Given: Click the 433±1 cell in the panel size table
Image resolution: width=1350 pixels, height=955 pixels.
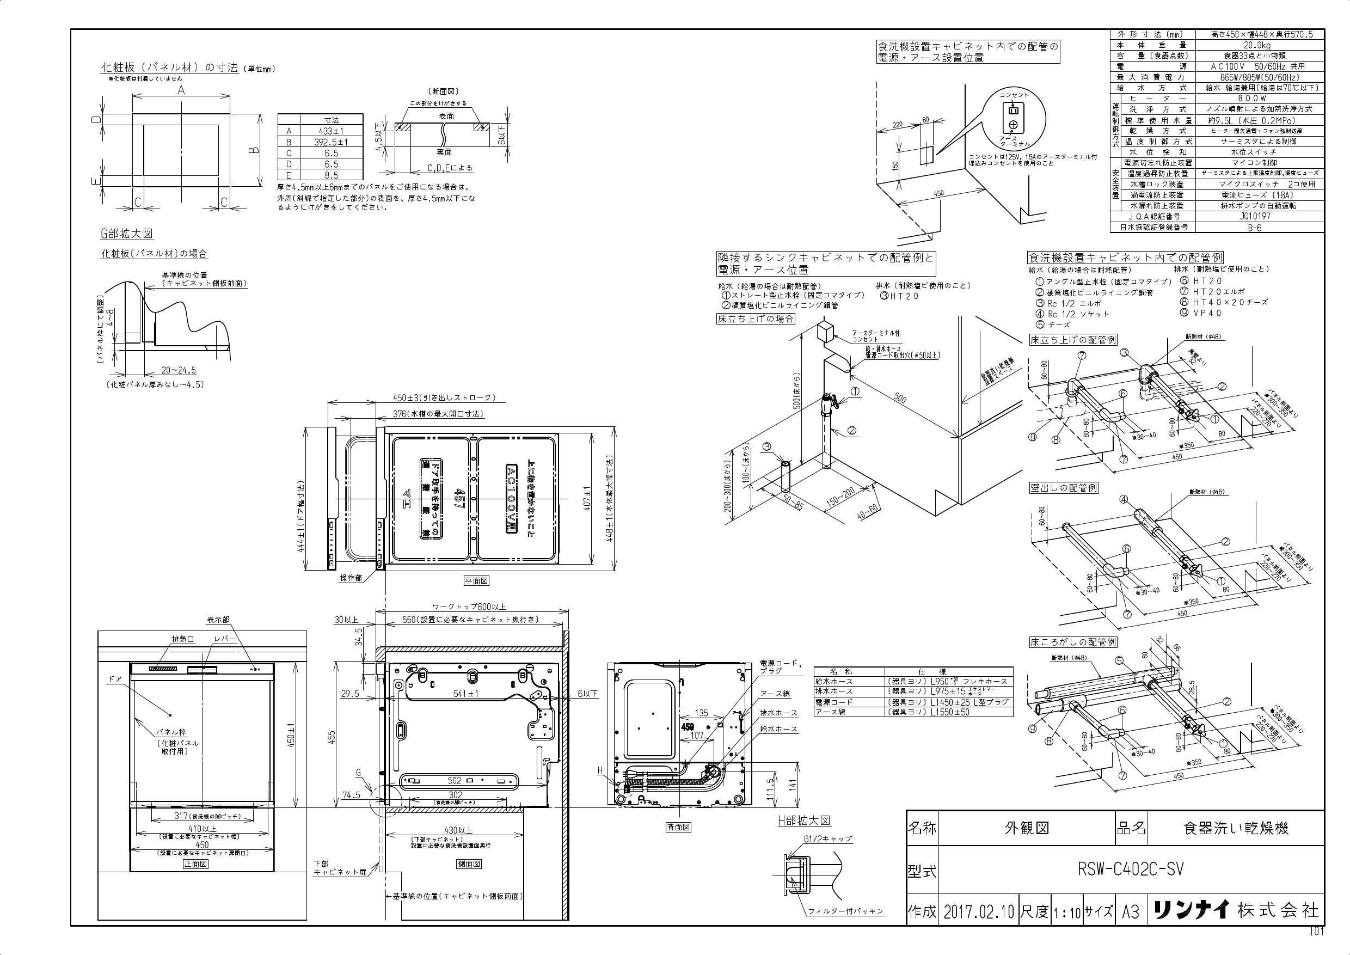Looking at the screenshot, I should tap(331, 131).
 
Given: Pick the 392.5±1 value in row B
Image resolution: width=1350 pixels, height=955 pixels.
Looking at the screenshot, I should tap(331, 142).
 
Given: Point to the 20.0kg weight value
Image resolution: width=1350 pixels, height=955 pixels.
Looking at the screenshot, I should tap(1260, 45).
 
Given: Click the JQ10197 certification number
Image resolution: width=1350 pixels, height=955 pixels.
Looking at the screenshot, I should tap(1260, 216).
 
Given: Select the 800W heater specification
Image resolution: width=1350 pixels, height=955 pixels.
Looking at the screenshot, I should tap(1260, 99).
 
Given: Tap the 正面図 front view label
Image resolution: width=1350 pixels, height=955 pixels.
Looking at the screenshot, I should tap(195, 864).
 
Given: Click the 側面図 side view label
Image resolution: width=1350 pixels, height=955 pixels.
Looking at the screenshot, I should tap(469, 864).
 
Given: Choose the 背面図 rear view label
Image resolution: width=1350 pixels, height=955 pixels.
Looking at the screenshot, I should tap(678, 827).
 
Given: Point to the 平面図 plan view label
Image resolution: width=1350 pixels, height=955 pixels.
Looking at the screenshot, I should tap(476, 580).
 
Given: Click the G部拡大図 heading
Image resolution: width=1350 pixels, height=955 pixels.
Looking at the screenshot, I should tap(126, 234).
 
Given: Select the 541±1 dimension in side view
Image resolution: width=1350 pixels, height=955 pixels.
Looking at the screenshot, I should tap(468, 693).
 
